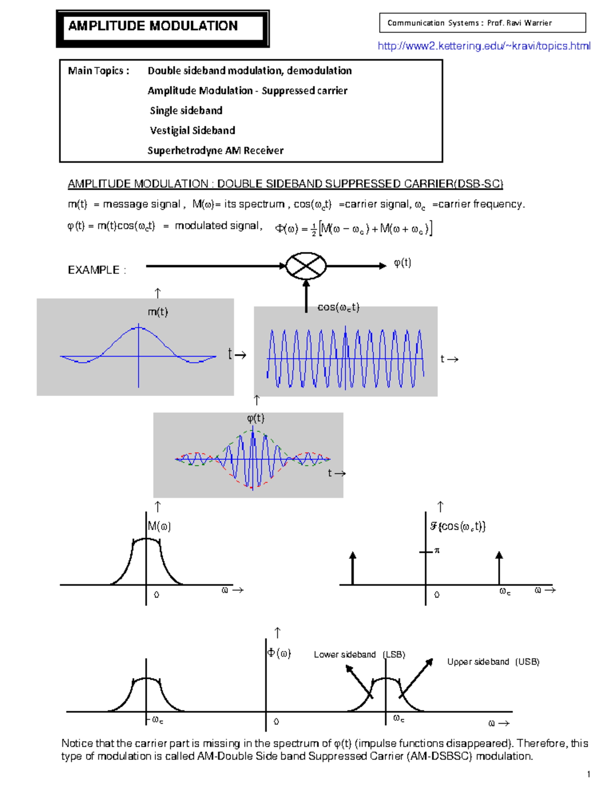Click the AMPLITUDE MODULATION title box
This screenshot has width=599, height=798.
tap(162, 27)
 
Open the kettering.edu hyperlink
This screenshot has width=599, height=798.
tap(484, 46)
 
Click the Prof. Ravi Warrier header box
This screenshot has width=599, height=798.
tap(482, 23)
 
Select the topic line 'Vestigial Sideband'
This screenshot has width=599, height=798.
tap(192, 131)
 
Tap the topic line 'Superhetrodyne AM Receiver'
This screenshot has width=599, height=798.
tap(215, 151)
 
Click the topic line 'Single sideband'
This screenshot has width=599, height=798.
tap(186, 111)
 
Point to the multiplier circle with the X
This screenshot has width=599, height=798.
tap(306, 266)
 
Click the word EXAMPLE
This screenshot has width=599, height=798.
tap(93, 270)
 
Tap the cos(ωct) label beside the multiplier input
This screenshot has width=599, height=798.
tap(338, 307)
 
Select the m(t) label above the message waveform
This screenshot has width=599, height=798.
tap(158, 312)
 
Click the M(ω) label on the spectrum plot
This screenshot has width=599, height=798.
tap(159, 527)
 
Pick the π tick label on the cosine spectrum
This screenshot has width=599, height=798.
tap(437, 551)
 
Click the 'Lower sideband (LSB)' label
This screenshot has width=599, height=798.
tap(359, 655)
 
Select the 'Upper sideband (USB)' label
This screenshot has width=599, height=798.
tap(493, 662)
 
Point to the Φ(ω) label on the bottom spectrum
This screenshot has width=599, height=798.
tap(279, 653)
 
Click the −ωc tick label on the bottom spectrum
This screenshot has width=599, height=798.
tap(156, 720)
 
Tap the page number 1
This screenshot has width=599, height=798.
tap(589, 775)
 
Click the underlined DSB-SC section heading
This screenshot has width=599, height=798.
tap(285, 184)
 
